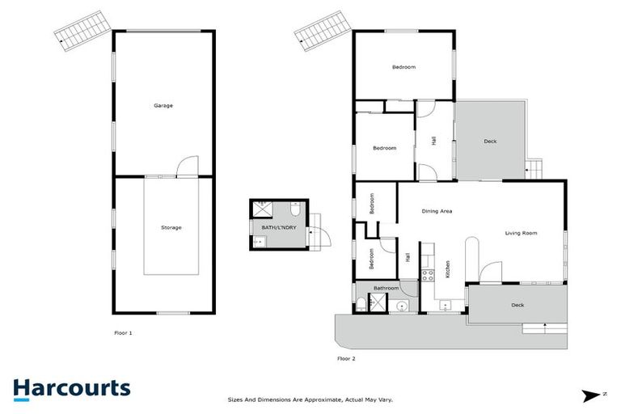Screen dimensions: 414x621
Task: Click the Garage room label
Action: [163, 105]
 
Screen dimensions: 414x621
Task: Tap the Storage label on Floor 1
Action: [171, 227]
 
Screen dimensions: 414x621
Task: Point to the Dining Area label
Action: [437, 211]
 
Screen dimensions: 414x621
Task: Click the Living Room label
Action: [521, 233]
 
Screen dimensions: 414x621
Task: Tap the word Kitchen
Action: [448, 268]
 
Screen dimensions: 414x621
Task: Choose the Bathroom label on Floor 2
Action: [386, 288]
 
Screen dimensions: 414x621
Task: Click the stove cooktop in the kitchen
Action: [428, 274]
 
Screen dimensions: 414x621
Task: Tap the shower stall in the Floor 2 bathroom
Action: [378, 302]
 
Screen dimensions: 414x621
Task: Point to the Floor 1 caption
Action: [123, 332]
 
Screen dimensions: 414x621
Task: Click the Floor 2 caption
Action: [346, 358]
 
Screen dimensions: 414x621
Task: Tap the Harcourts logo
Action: [71, 388]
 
